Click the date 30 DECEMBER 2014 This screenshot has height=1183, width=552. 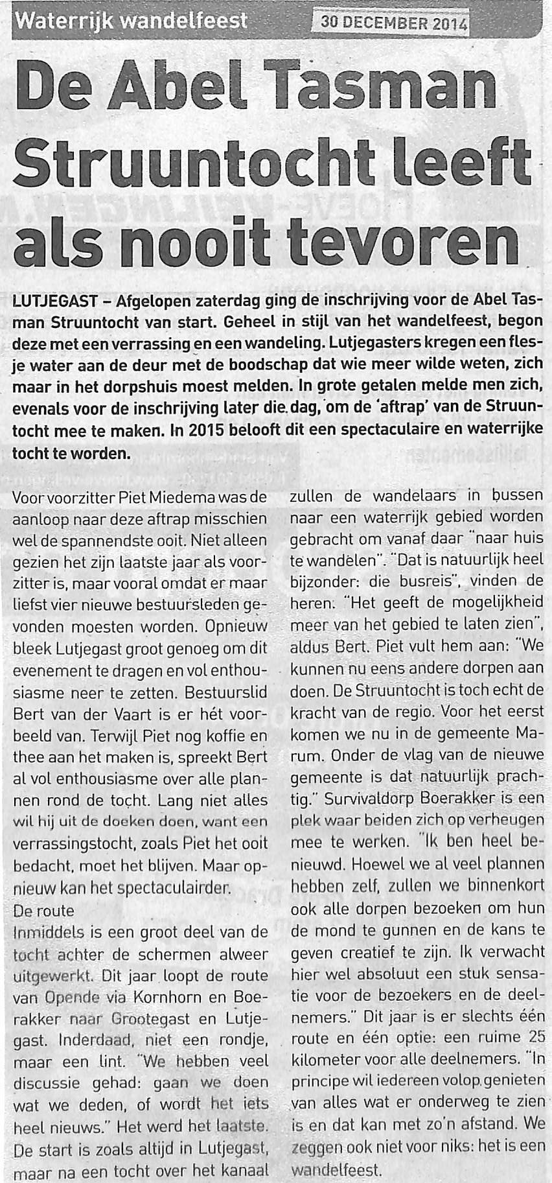(x=393, y=23)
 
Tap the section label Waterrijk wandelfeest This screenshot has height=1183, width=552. (x=132, y=21)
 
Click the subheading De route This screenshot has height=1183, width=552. (x=43, y=909)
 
